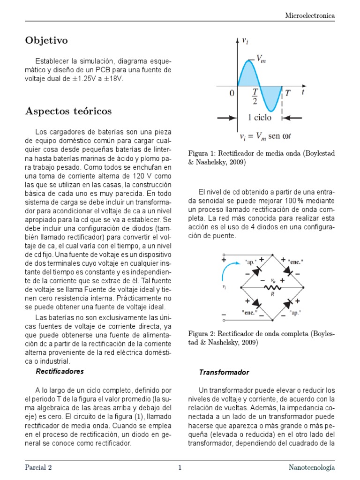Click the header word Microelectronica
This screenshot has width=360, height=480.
pyautogui.click(x=310, y=15)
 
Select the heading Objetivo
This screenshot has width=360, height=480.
pyautogui.click(x=46, y=41)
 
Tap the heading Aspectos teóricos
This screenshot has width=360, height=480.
pyautogui.click(x=68, y=111)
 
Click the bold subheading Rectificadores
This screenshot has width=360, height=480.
pyautogui.click(x=60, y=371)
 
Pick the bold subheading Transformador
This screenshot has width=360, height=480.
pyautogui.click(x=224, y=372)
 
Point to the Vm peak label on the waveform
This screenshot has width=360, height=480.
pyautogui.click(x=261, y=59)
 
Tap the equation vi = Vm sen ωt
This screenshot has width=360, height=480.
pyautogui.click(x=265, y=136)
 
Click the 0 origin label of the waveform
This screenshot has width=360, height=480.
pyautogui.click(x=232, y=94)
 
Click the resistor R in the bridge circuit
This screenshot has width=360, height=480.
pyautogui.click(x=270, y=288)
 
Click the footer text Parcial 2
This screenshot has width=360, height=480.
pyautogui.click(x=38, y=467)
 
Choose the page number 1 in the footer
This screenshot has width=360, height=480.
pyautogui.click(x=180, y=467)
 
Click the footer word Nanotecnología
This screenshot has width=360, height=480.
pyautogui.click(x=311, y=467)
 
